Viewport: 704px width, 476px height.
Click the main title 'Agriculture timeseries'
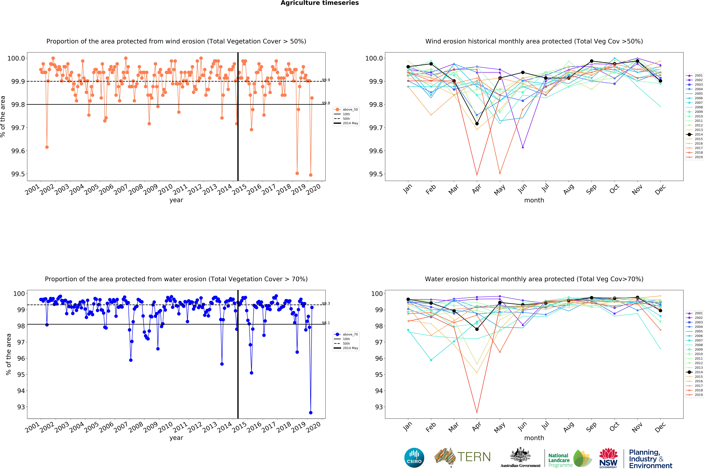coord(320,3)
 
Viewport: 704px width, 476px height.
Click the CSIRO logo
coord(414,458)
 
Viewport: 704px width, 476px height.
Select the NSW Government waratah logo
coord(608,458)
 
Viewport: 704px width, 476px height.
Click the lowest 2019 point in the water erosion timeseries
coord(310,413)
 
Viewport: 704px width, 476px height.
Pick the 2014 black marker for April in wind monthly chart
coord(477,124)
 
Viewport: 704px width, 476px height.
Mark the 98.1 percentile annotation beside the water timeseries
coord(326,323)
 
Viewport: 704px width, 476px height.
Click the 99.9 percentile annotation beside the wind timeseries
coord(326,80)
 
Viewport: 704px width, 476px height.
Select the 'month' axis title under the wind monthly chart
coord(534,200)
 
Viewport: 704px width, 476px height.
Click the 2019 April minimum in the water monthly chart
coord(477,413)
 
